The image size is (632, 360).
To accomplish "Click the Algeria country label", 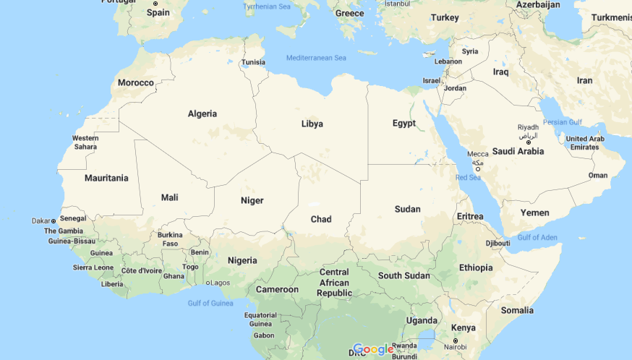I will (x=202, y=113).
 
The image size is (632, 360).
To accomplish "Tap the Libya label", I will (x=312, y=124).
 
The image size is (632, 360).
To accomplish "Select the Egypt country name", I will (x=404, y=123).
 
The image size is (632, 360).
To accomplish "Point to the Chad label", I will (x=321, y=219).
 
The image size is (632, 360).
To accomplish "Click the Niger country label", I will (x=252, y=200).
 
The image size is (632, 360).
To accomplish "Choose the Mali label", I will (x=169, y=197).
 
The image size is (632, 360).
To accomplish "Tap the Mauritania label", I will (x=106, y=177).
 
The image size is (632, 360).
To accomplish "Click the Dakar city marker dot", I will (x=54, y=220).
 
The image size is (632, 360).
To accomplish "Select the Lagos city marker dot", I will (x=208, y=283).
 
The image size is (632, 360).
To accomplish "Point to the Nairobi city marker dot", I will (x=456, y=340).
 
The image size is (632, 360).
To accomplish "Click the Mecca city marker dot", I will (x=477, y=169).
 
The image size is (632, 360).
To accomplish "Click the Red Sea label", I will (x=468, y=177).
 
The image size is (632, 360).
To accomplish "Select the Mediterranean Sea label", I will (x=316, y=58).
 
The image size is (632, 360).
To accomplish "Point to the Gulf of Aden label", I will (x=537, y=237).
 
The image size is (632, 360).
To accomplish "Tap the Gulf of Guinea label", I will (x=210, y=303).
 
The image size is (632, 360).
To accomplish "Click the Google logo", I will (x=373, y=350).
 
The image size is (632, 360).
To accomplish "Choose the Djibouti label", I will (x=498, y=243).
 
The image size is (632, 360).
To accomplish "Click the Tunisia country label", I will (x=253, y=62).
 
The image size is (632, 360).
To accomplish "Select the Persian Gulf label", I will (x=562, y=121).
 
